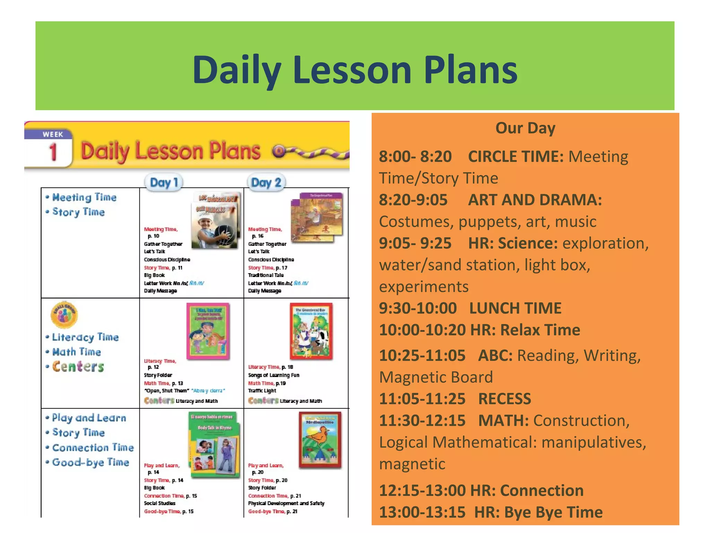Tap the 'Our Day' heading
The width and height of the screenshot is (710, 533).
[525, 128]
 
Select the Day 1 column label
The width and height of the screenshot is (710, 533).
[164, 183]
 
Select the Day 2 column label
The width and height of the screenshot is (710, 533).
[266, 183]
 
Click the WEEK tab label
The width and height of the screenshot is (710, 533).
[53, 135]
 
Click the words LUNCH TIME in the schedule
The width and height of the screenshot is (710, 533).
[515, 308]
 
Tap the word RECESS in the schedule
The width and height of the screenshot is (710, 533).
[504, 399]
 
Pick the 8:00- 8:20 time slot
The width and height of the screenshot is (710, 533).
[415, 157]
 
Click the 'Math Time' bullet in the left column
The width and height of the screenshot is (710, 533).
[76, 352]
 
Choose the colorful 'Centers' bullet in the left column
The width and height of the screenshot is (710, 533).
[78, 367]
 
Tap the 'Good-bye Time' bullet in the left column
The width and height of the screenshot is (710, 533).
[90, 462]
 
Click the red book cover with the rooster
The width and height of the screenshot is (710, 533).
[320, 440]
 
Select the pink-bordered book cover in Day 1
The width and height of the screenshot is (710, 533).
[208, 331]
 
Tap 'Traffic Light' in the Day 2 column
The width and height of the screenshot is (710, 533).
[262, 391]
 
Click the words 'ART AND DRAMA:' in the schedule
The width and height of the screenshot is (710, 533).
[535, 200]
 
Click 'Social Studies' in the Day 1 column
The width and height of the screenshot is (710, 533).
[160, 504]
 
